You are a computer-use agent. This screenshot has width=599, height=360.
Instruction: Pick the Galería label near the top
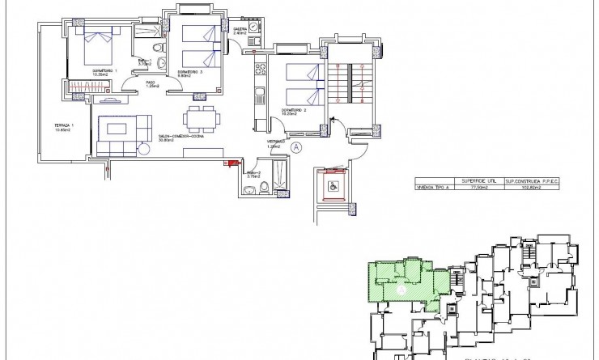(x=240, y=30)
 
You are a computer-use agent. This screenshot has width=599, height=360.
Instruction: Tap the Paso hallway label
(x=151, y=83)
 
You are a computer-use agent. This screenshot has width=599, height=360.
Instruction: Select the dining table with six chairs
(x=199, y=119)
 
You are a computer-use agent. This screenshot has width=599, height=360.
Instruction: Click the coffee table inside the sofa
(x=118, y=129)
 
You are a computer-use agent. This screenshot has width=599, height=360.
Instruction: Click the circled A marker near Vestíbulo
(x=296, y=147)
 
